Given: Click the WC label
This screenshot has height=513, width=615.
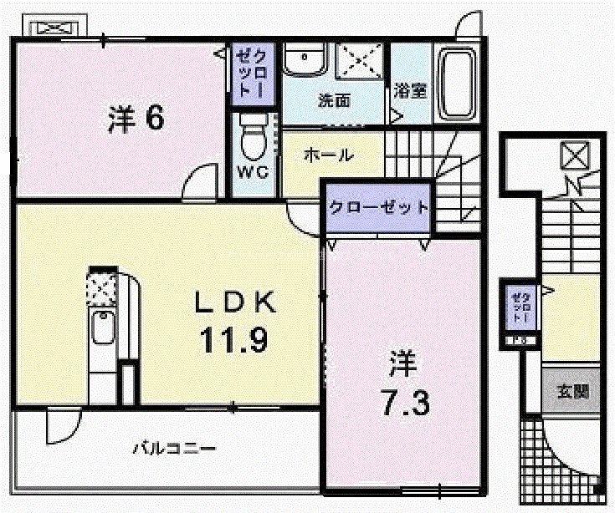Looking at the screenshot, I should [x=252, y=173].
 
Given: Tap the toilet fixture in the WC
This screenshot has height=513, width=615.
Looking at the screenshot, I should [x=252, y=136].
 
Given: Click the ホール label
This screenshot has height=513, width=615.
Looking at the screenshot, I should [x=328, y=155].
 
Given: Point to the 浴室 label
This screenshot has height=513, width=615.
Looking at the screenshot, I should [x=410, y=90].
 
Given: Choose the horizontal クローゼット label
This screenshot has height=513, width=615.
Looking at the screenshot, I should [x=378, y=207].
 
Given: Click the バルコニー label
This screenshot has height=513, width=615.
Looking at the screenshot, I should [x=174, y=449].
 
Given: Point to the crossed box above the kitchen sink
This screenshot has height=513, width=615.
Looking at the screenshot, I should [x=102, y=289].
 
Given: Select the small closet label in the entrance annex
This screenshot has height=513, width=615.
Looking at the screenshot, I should [x=520, y=307].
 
